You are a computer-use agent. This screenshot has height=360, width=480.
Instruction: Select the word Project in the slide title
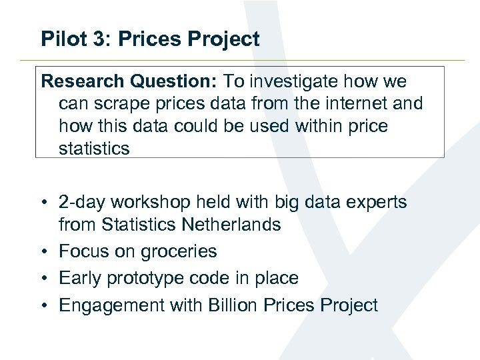[x=223, y=39]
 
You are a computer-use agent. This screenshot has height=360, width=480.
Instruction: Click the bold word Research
[x=82, y=82]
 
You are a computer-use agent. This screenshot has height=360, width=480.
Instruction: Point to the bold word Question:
[x=173, y=82]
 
